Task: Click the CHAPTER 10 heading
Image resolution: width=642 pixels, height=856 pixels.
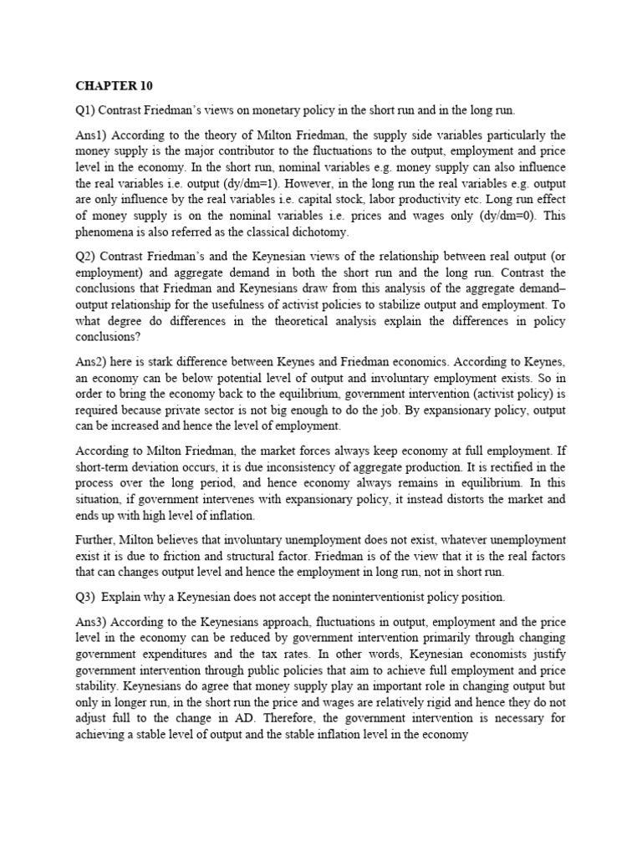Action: pos(115,86)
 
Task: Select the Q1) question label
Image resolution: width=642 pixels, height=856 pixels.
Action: pos(87,111)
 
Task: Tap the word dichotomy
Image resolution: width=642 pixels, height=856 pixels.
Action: pos(321,232)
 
